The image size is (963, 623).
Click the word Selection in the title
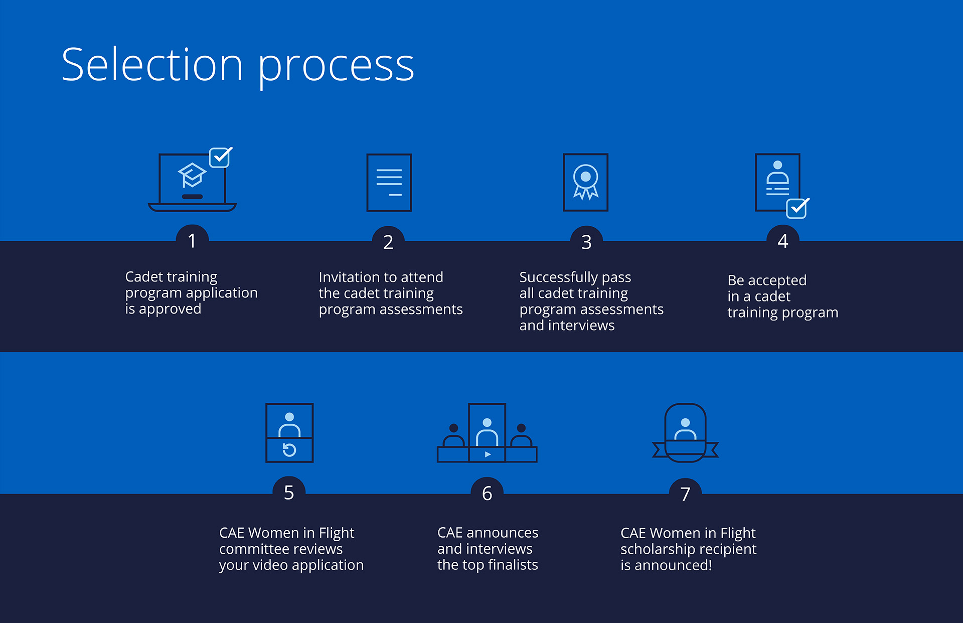[x=152, y=65]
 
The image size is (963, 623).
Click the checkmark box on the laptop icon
[x=220, y=158]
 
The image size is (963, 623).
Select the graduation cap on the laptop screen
[x=192, y=175]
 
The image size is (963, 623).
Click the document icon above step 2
[x=389, y=183]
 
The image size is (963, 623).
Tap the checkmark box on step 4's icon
[x=797, y=208]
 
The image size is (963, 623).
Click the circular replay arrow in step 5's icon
[x=289, y=450]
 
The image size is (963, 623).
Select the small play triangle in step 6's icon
[x=488, y=454]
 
